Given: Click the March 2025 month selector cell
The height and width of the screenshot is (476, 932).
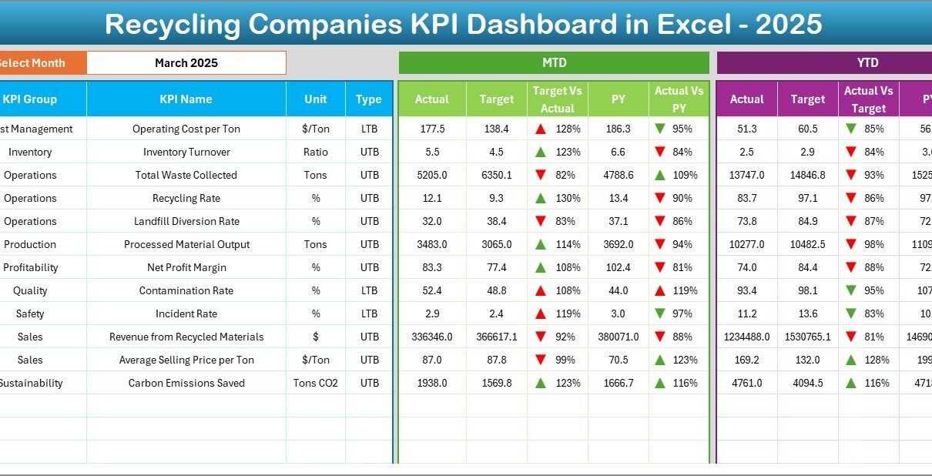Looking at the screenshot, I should click(x=186, y=63).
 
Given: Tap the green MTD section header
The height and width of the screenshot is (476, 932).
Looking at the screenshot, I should click(x=554, y=63).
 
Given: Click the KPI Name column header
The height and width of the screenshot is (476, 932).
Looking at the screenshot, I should click(x=186, y=99).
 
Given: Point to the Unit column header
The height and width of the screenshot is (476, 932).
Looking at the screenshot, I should click(x=316, y=99).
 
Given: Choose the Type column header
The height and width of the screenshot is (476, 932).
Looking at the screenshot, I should click(x=369, y=99).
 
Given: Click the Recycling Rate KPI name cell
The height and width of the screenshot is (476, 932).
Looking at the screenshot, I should click(x=186, y=198).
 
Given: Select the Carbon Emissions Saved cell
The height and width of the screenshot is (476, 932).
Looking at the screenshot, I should click(x=186, y=383).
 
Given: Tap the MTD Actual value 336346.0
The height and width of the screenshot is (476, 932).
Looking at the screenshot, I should click(x=431, y=337).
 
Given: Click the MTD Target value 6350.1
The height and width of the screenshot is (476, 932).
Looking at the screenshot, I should click(x=497, y=175).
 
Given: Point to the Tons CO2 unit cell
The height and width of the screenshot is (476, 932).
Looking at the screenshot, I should click(x=316, y=383).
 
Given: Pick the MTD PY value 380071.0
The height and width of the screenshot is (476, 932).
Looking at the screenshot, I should click(x=619, y=337).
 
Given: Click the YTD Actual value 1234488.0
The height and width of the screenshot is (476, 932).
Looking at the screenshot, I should click(x=746, y=337).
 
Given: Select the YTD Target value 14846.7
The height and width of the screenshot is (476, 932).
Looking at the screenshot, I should click(x=807, y=175).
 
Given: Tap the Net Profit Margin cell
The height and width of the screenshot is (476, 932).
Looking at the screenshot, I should click(x=186, y=267).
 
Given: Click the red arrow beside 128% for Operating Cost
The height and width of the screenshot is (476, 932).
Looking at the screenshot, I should click(x=541, y=129).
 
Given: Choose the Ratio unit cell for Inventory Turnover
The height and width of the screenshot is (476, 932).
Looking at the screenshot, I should click(x=316, y=152).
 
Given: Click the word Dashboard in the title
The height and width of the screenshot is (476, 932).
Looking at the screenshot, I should click(x=532, y=25).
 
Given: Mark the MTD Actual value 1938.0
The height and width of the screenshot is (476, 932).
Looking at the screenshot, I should click(x=431, y=383).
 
